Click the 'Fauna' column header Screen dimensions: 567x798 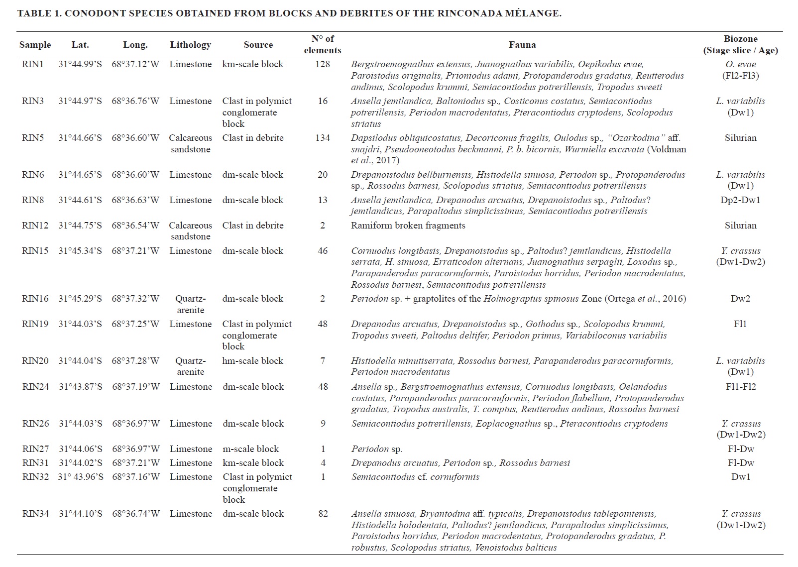[522, 45]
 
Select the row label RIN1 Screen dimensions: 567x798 [33, 64]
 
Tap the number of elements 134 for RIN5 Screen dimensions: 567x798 [323, 138]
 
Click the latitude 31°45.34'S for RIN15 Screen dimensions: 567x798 [80, 251]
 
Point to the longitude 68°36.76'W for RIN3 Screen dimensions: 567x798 [135, 101]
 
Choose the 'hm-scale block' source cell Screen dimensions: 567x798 [252, 361]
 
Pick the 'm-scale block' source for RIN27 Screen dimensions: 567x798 [250, 449]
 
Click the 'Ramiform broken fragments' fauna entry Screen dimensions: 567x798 [408, 226]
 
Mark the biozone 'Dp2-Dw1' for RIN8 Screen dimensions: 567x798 [740, 200]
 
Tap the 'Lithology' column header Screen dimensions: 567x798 [190, 45]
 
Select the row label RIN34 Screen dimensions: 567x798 [35, 514]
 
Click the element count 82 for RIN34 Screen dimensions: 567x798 [323, 514]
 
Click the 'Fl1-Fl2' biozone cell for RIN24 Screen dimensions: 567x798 [741, 387]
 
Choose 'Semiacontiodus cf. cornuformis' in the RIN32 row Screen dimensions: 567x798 [415, 477]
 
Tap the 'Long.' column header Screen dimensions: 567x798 [135, 45]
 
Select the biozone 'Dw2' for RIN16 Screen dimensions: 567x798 [741, 299]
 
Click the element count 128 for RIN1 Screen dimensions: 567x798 [323, 64]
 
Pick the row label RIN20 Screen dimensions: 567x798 [35, 361]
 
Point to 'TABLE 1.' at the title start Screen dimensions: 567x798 [39, 13]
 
